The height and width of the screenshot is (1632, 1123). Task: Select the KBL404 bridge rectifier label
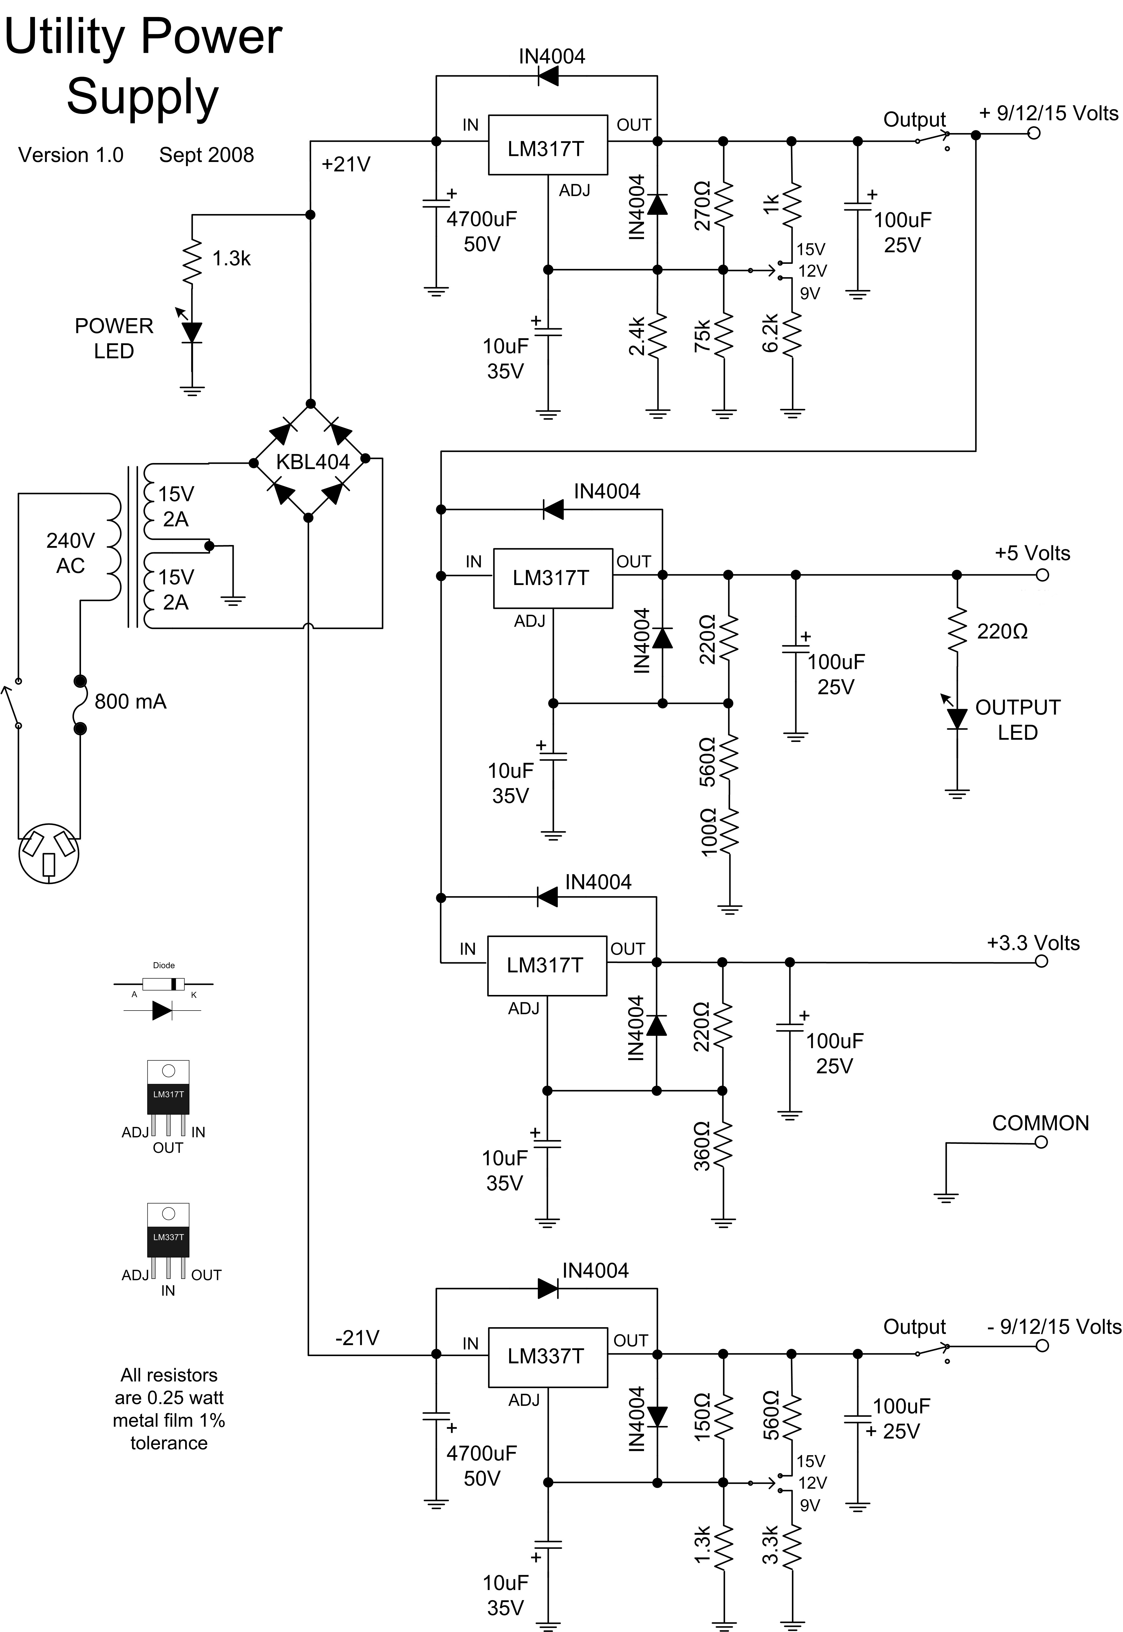pos(312,462)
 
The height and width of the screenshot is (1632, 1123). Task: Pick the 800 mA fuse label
pos(130,701)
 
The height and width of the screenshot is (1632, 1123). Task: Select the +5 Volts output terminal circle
pos(1042,575)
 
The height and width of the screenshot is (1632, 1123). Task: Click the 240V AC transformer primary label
pos(70,553)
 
